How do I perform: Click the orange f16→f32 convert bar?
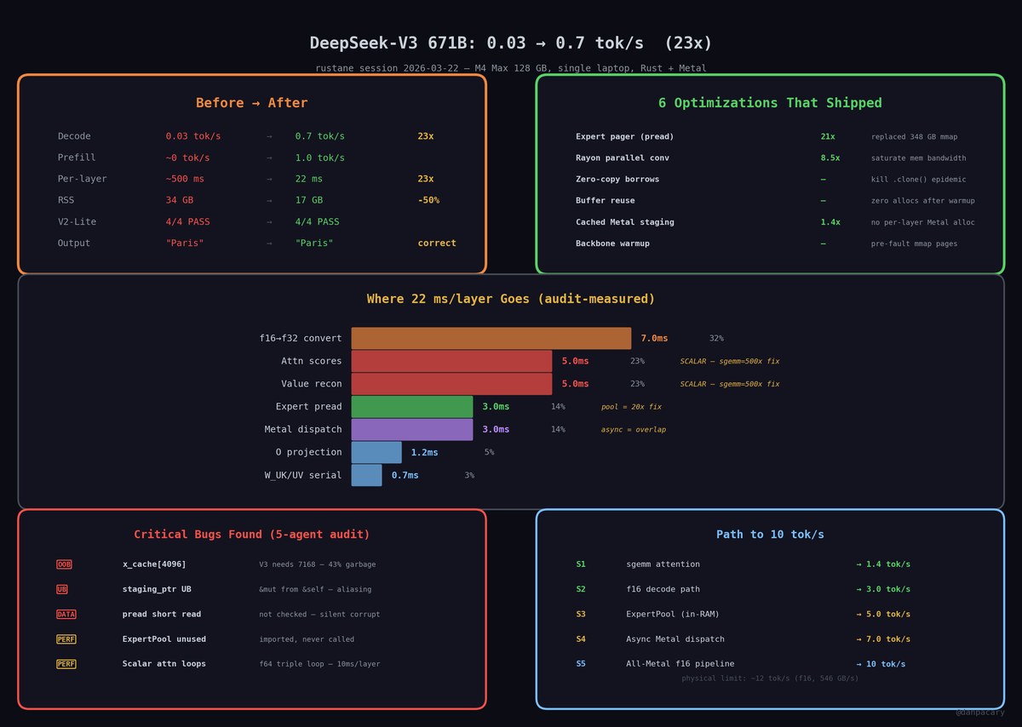pyautogui.click(x=491, y=338)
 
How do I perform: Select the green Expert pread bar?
pyautogui.click(x=412, y=406)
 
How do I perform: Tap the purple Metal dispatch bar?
pyautogui.click(x=412, y=429)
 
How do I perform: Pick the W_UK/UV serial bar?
pyautogui.click(x=366, y=475)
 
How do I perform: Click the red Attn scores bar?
pyautogui.click(x=451, y=361)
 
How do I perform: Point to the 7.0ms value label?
pyautogui.click(x=654, y=338)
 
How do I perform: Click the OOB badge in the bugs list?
pyautogui.click(x=64, y=564)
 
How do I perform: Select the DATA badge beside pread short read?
pyautogui.click(x=66, y=614)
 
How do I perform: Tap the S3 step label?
pyautogui.click(x=581, y=614)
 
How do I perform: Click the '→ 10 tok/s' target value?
pyautogui.click(x=881, y=664)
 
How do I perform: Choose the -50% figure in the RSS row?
pyautogui.click(x=428, y=200)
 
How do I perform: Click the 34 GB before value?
pyautogui.click(x=180, y=200)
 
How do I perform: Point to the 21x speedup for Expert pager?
pyautogui.click(x=828, y=136)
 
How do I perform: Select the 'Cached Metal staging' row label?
pyautogui.click(x=624, y=222)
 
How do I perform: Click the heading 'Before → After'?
pyautogui.click(x=252, y=103)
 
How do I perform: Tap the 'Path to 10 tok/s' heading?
pyautogui.click(x=770, y=534)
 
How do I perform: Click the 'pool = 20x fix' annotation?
pyautogui.click(x=631, y=406)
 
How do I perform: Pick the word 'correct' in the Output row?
pyautogui.click(x=437, y=243)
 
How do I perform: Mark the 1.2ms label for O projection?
pyautogui.click(x=424, y=452)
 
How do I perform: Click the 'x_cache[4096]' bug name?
pyautogui.click(x=154, y=564)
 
